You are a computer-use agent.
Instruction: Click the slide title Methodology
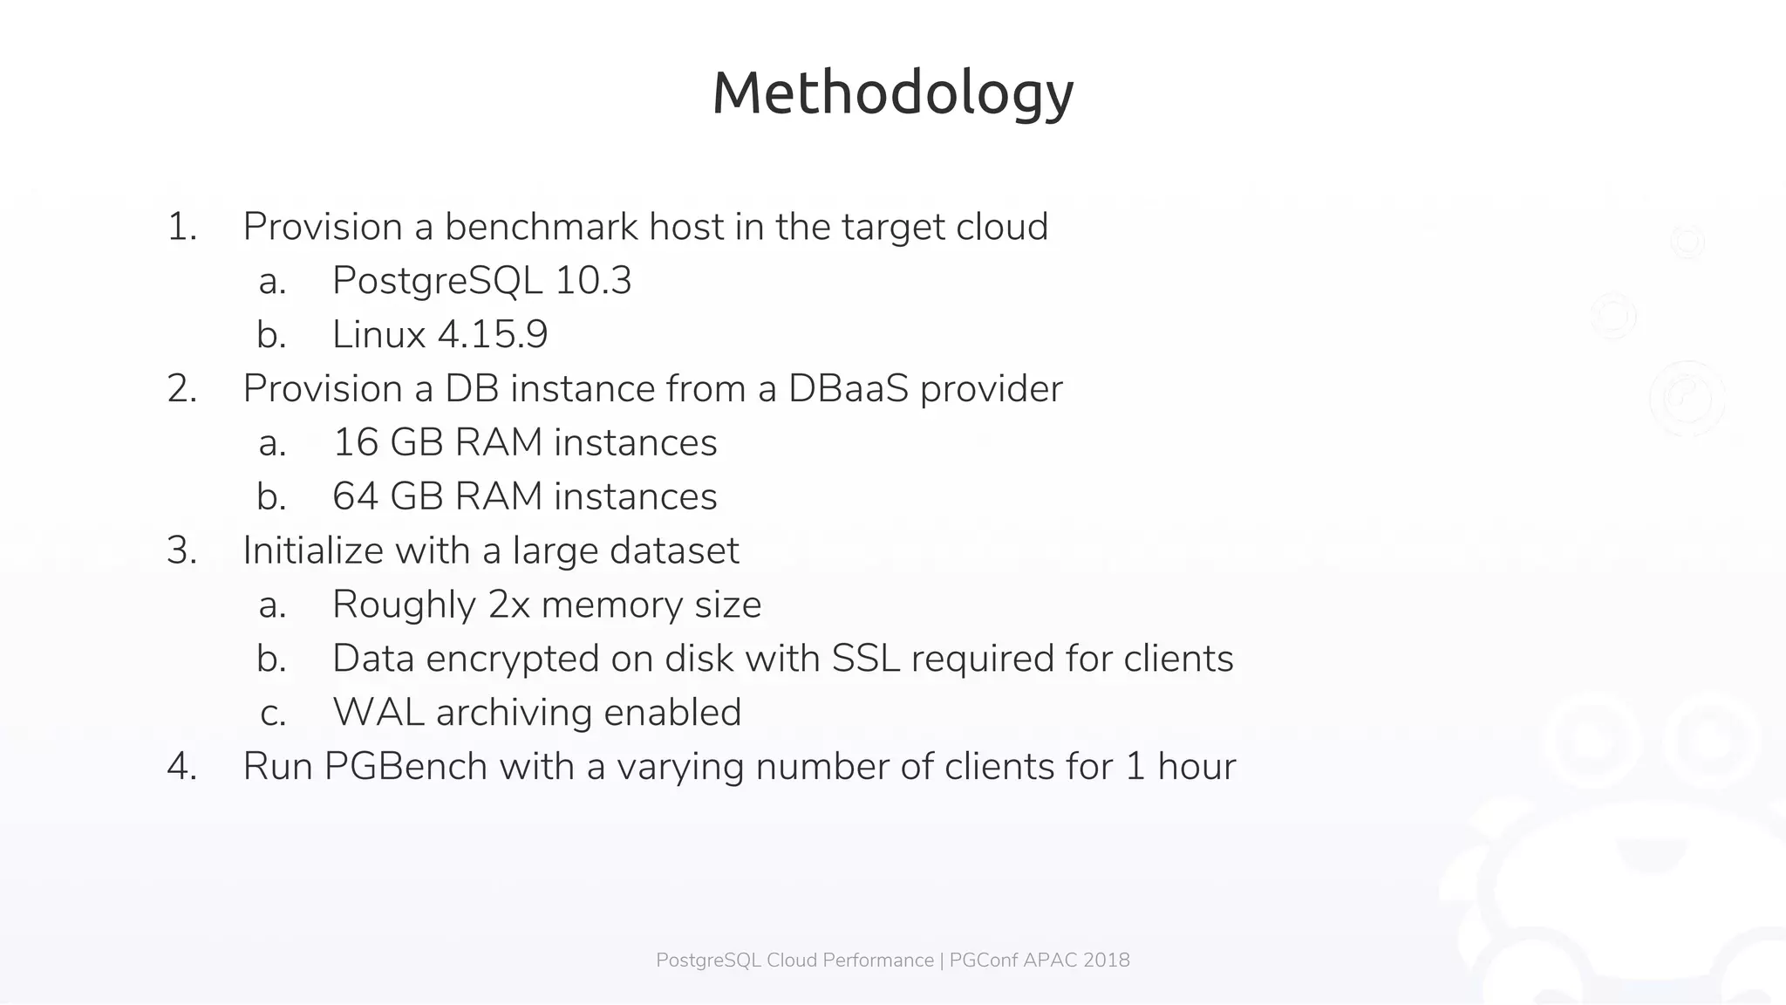coord(892,93)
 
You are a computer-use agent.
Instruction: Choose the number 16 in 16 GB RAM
coord(355,443)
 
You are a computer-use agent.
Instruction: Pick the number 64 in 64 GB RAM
coord(355,497)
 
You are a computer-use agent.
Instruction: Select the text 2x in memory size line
coord(509,605)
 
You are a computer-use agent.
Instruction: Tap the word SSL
coord(865,659)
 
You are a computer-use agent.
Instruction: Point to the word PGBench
coord(406,767)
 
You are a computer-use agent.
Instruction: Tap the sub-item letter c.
coord(272,714)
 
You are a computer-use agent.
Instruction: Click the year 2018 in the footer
coord(1107,961)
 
